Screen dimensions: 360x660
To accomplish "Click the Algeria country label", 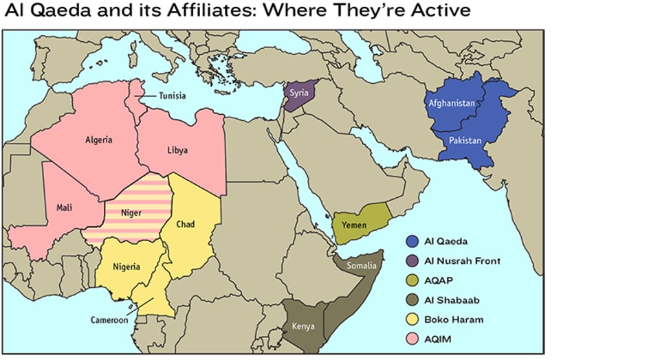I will pos(98,139).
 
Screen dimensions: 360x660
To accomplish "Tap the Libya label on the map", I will pos(177,150).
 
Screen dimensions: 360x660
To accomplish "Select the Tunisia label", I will pos(171,96).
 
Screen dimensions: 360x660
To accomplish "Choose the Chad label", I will pos(186,223).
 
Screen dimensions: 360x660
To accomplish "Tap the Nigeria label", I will pos(126,267).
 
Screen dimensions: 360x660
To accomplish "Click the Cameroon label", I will pos(109,319).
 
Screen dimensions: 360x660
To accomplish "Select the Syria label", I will pos(298,92).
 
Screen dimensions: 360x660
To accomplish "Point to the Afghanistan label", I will pos(452,103).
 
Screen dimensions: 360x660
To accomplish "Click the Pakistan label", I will pos(465,141).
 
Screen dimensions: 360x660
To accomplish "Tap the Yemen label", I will pos(354,225).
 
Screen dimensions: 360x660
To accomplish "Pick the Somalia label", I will pos(362,265).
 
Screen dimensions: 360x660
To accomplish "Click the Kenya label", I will pos(303,326).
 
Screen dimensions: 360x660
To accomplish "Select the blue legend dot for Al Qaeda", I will pos(412,241).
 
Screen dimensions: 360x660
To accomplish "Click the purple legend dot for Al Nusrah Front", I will pos(412,261).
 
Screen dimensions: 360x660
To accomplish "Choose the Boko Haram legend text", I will pos(454,319).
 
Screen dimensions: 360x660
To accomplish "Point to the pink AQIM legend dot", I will pos(412,339).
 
